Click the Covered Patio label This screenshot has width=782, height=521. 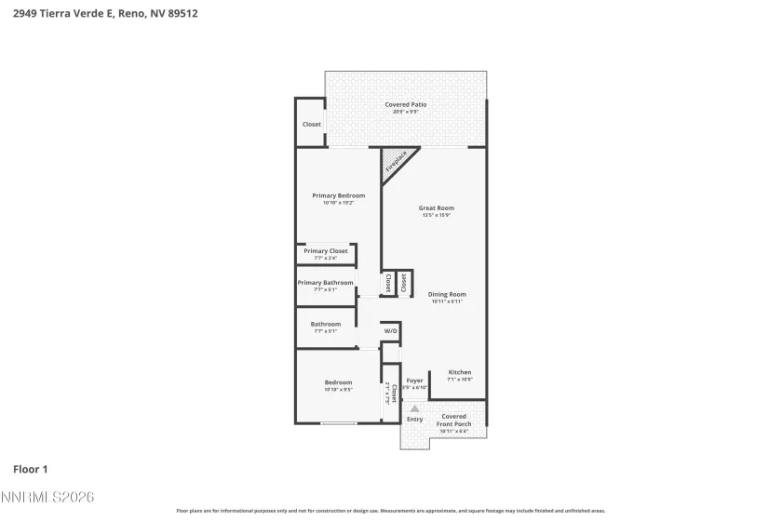406,105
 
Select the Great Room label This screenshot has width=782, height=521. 436,208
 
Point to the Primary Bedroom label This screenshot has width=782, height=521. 338,195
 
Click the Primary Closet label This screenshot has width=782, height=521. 326,251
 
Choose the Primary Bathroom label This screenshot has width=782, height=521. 325,283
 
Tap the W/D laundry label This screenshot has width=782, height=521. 390,331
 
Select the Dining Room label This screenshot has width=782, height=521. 447,295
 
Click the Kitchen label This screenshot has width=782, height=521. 460,372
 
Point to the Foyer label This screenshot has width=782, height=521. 415,381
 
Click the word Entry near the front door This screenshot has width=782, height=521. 414,420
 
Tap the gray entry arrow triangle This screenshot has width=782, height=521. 415,407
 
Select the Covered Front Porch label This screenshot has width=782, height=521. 454,421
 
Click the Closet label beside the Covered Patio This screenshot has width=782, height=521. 311,125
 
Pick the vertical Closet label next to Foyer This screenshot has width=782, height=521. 394,394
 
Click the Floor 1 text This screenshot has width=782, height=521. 30,469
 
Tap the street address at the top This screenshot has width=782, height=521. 104,14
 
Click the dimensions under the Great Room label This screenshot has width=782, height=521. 436,216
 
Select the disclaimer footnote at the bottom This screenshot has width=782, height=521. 391,511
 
